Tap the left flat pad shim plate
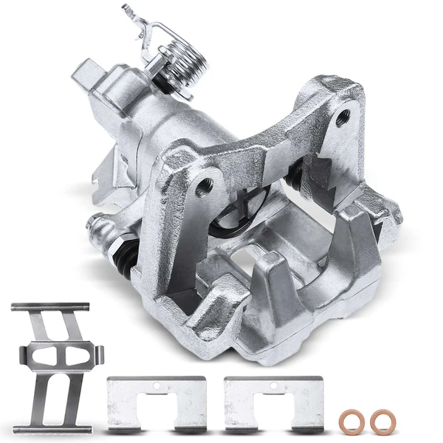(156, 403)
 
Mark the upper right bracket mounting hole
(341, 117)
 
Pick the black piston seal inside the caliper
(221, 221)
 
